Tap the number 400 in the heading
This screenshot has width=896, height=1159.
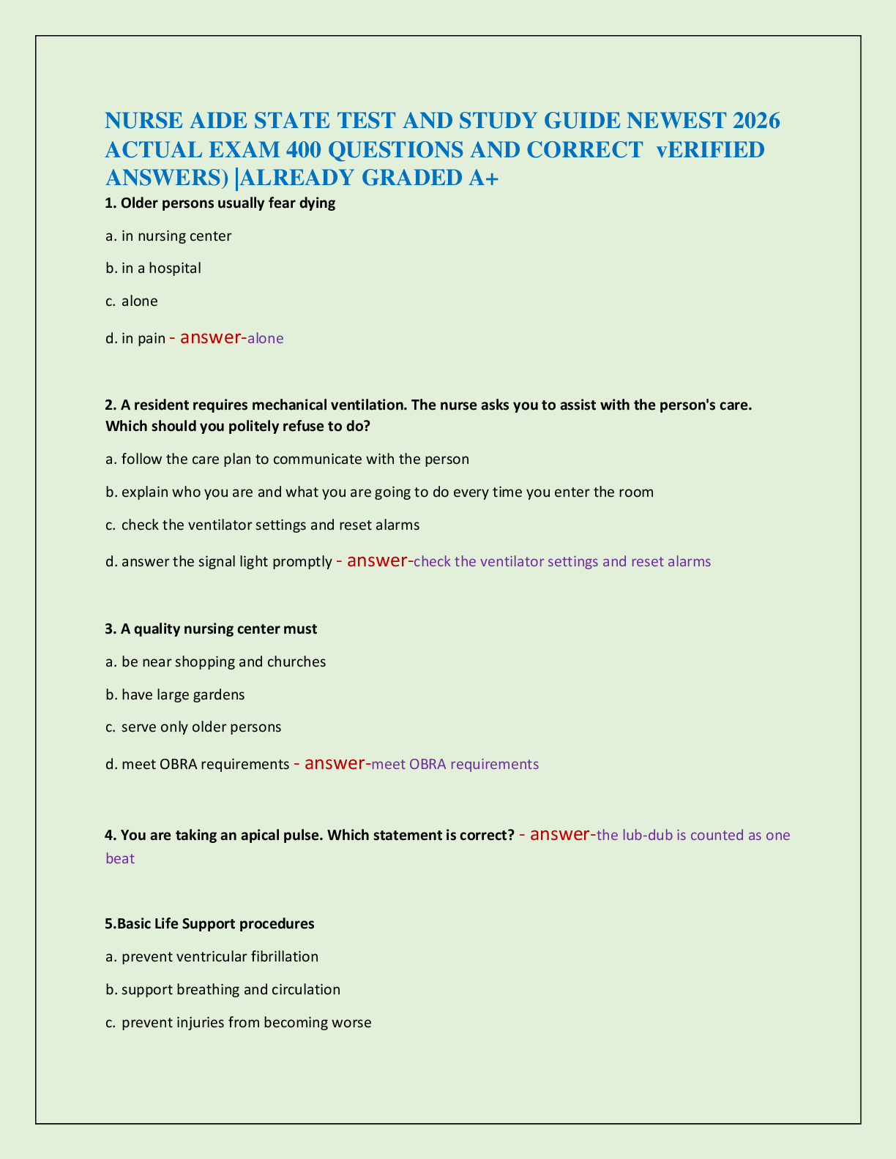point(302,149)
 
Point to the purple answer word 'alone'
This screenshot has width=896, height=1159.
point(266,339)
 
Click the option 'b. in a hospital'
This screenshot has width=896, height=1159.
point(153,269)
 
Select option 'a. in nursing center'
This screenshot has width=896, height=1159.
point(168,236)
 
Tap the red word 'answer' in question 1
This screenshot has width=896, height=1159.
point(210,337)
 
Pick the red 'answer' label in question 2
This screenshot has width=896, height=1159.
point(377,560)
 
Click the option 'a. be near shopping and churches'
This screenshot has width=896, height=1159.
point(216,661)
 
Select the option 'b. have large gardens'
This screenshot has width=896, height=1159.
point(175,694)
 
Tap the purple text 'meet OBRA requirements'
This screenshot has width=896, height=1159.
point(455,765)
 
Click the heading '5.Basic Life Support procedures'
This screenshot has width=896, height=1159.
point(210,923)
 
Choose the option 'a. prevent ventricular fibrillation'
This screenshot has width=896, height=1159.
point(212,956)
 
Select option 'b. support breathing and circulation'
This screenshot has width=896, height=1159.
point(223,989)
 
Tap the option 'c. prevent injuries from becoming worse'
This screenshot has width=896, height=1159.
point(239,1022)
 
